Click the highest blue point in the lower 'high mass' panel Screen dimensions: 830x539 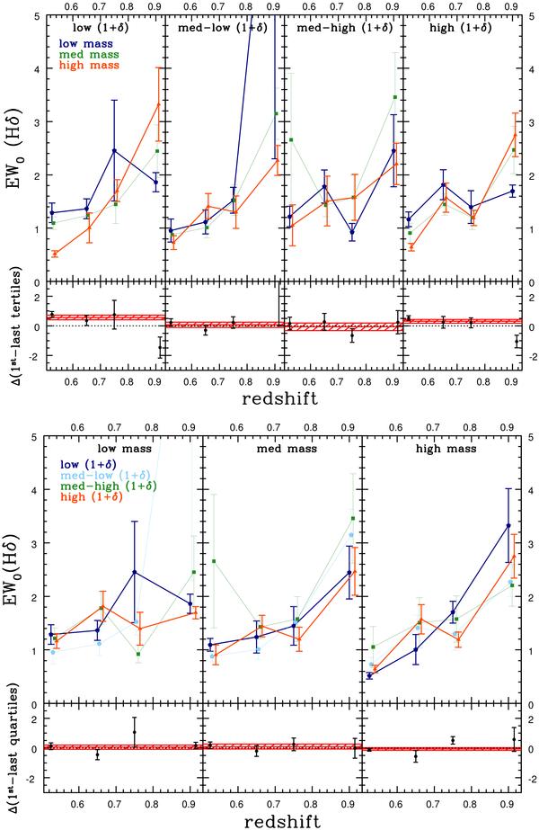click(x=508, y=525)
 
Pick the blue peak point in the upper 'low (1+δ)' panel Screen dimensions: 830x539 click(x=115, y=150)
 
